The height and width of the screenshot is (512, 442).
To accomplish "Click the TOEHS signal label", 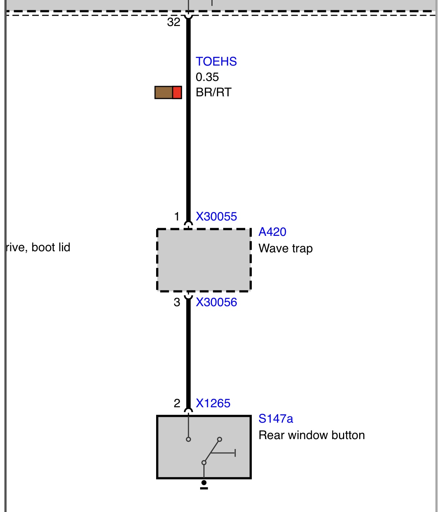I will coord(216,62).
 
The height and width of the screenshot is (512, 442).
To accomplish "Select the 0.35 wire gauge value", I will coord(207,77).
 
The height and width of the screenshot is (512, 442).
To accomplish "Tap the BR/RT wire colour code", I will coord(213,92).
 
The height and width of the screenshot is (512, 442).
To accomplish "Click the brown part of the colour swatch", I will coord(163,93).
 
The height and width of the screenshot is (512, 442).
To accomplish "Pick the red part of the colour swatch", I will coord(177,93).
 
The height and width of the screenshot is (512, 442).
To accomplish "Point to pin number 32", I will coord(174,22).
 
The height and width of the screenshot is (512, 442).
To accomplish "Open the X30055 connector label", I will coord(216,216).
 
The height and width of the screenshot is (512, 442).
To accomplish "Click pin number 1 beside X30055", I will coord(177,216).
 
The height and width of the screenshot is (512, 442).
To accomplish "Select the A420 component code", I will coord(272,232).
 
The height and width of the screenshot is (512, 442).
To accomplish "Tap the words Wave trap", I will coord(286,248).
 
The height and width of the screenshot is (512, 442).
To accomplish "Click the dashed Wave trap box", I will coord(204,260).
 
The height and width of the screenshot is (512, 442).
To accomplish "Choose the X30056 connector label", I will coord(216,302).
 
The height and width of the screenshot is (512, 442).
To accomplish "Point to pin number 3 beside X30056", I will coord(177,302).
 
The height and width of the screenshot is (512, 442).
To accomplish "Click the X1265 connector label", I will coord(213,403).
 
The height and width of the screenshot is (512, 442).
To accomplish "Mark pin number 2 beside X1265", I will coord(177,403).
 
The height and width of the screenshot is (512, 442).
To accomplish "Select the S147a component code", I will coord(276,419).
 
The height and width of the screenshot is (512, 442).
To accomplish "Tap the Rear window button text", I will coord(312,435).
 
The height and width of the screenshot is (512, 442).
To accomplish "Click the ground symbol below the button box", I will coord(204,485).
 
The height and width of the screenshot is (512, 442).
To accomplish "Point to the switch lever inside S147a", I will coord(211,451).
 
